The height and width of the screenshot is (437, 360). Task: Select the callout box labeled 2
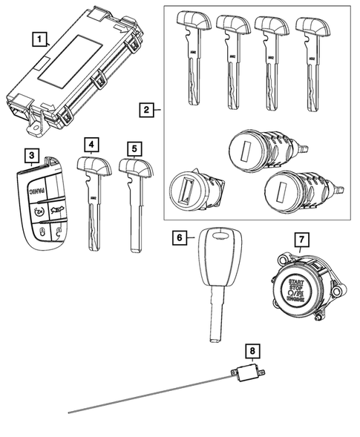click(x=147, y=111)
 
